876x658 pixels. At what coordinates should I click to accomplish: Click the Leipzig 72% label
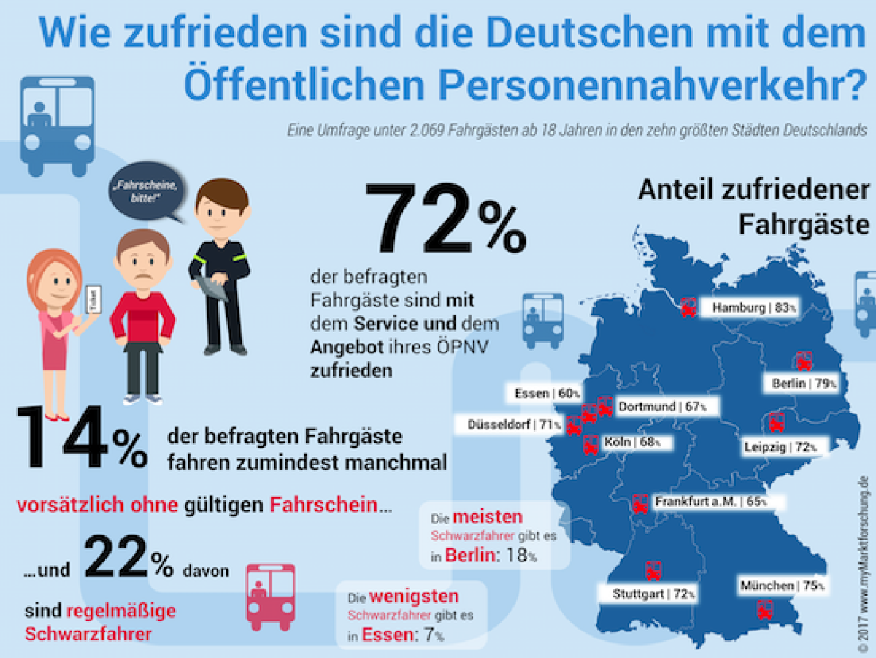779,446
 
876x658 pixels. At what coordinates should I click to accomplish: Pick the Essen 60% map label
542,394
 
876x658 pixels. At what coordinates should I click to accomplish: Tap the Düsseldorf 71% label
507,424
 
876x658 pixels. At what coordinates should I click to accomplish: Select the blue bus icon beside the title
58,125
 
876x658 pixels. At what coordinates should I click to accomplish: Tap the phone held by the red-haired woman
93,300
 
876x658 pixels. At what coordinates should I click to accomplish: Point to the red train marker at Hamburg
688,307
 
